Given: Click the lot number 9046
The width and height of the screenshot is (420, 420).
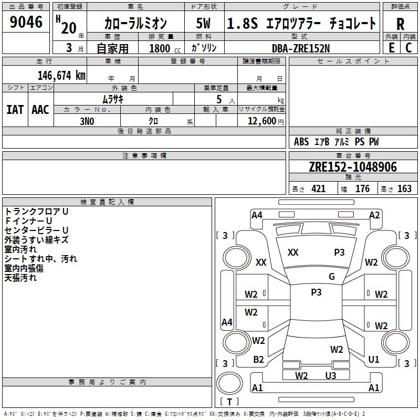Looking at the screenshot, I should pyautogui.click(x=26, y=23).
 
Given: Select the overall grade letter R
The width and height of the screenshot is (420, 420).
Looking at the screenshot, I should pyautogui.click(x=400, y=24).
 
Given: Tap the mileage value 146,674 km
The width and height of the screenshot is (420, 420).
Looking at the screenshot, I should pyautogui.click(x=61, y=76).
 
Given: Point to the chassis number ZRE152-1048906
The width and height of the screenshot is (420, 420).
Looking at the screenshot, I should pyautogui.click(x=353, y=167).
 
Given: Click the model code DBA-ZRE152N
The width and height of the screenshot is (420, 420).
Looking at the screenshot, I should pyautogui.click(x=301, y=48).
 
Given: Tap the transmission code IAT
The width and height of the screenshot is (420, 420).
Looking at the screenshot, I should pyautogui.click(x=15, y=109).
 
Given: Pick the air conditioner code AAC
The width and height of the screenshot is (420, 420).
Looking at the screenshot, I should pyautogui.click(x=40, y=109).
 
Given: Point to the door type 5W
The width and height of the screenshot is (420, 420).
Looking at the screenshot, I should pyautogui.click(x=204, y=24).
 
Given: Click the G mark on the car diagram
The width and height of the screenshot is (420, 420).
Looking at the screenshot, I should pyautogui.click(x=332, y=277).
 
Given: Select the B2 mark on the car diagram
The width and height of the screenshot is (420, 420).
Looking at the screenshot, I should pyautogui.click(x=258, y=360).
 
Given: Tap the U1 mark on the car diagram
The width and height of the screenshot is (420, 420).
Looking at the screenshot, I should pyautogui.click(x=374, y=360).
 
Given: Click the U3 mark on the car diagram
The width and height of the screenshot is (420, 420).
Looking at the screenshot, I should pyautogui.click(x=330, y=375).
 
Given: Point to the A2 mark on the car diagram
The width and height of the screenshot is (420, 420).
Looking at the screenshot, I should pyautogui.click(x=374, y=215).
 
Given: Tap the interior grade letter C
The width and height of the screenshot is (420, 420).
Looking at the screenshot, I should pyautogui.click(x=408, y=48).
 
